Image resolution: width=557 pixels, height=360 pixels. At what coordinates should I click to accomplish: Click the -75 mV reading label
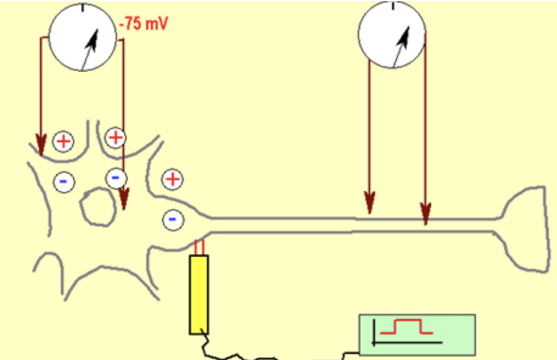(146, 26)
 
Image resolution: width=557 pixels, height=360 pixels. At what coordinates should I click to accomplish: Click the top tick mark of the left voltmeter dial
(83, 8)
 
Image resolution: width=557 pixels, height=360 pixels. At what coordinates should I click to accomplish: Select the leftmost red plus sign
(63, 141)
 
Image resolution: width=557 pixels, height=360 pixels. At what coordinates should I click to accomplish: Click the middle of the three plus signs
(116, 137)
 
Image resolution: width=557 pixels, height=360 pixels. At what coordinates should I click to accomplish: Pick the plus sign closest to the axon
(172, 179)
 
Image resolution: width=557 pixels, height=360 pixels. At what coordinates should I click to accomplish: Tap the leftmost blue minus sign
(63, 182)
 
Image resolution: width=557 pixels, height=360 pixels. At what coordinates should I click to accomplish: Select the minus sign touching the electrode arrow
(115, 178)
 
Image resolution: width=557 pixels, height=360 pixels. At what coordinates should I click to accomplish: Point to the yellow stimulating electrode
(198, 294)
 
